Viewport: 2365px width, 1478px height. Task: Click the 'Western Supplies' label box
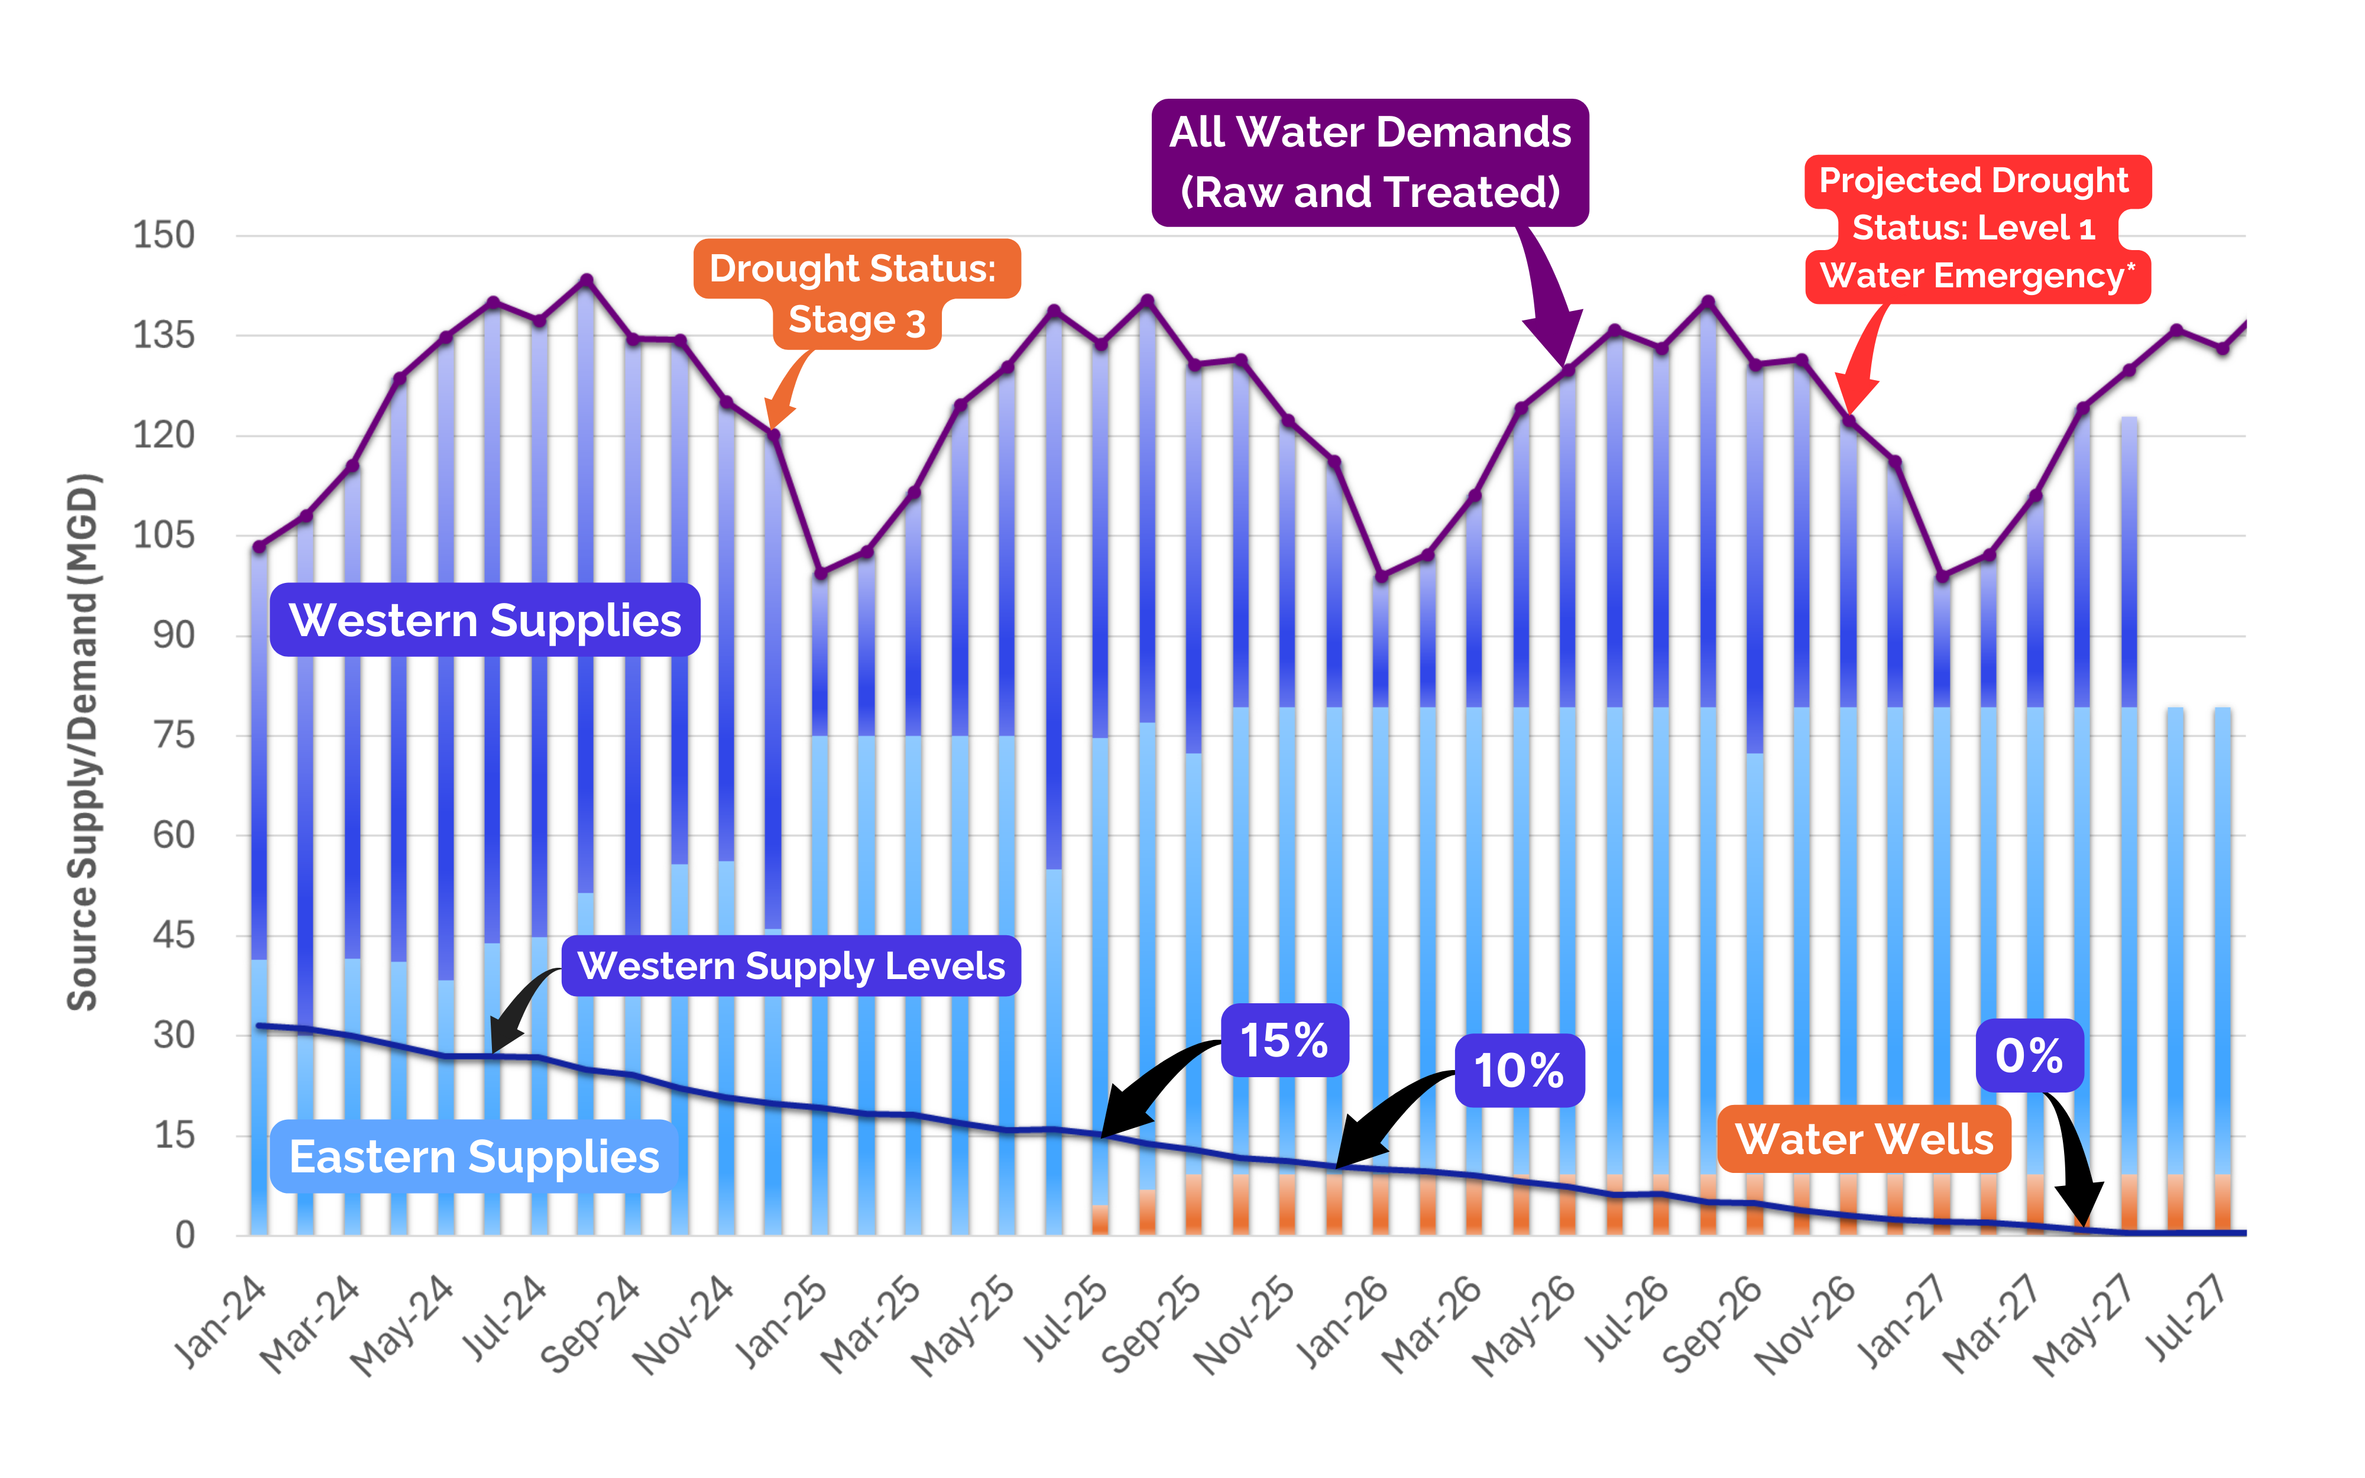pos(485,620)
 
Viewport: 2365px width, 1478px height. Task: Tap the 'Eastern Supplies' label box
pos(474,1156)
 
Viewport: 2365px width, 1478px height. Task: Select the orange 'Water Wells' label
pos(1864,1139)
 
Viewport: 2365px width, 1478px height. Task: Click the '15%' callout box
pos(1284,1040)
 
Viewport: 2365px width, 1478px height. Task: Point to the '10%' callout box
pos(1519,1071)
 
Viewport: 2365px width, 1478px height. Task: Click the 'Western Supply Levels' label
pos(791,966)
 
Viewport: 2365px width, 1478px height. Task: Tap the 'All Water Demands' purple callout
pos(1369,162)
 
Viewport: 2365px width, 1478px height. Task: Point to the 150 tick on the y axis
pos(164,235)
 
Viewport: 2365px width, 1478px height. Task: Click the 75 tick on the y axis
pos(174,735)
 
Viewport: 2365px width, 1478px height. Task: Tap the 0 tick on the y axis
pos(184,1234)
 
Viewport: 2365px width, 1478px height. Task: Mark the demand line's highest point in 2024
pos(587,281)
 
